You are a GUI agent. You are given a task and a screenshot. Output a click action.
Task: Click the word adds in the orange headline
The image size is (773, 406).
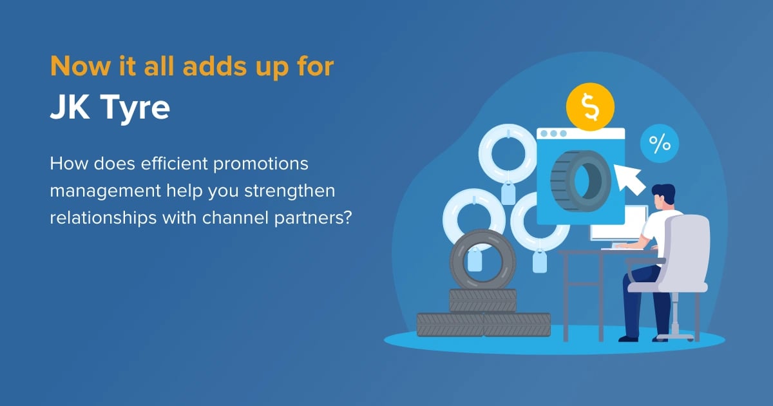coord(215,66)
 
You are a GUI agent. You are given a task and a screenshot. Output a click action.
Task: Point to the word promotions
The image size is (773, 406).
coord(260,164)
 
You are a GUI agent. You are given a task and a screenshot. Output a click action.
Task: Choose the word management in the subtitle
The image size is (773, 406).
coord(106,191)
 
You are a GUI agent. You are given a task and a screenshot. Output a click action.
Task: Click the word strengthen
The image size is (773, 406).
coord(289,191)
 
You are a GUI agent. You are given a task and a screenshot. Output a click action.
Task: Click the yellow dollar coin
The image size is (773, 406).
coord(590,107)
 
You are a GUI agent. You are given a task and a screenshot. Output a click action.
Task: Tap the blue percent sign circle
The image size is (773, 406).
coord(660,143)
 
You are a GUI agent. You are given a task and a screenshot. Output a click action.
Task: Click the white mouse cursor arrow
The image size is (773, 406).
coord(629,180)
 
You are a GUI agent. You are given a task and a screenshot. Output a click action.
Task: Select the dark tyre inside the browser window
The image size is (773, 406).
coord(581,181)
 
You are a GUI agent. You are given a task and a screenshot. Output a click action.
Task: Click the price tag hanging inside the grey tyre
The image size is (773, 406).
coord(475,260)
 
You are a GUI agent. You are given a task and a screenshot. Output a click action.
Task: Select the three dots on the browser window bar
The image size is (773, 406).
coord(553,133)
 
